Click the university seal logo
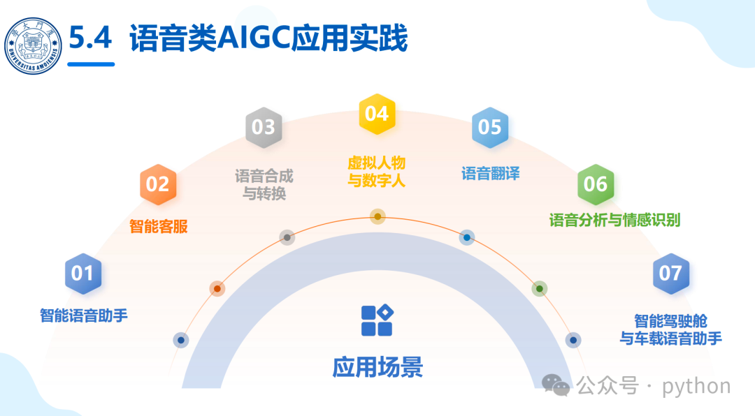coord(33,45)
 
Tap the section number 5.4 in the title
coord(90,39)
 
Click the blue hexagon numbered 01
coord(83,273)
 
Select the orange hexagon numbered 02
coord(158,184)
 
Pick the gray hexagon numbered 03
coord(264,127)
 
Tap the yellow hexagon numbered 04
coord(377,114)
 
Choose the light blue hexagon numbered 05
coord(490,127)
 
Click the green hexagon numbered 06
coord(596,184)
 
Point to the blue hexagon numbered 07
coord(670,273)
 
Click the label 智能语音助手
coord(84,315)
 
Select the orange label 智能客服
coord(159,227)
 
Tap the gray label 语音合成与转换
coord(264,184)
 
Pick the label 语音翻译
coord(491,174)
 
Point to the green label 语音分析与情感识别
coord(614,221)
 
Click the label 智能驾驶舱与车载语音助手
coord(671,329)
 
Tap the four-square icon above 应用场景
coord(377,320)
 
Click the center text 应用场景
coord(377,366)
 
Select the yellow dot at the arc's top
coord(377,217)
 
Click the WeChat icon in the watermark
coord(557,385)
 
